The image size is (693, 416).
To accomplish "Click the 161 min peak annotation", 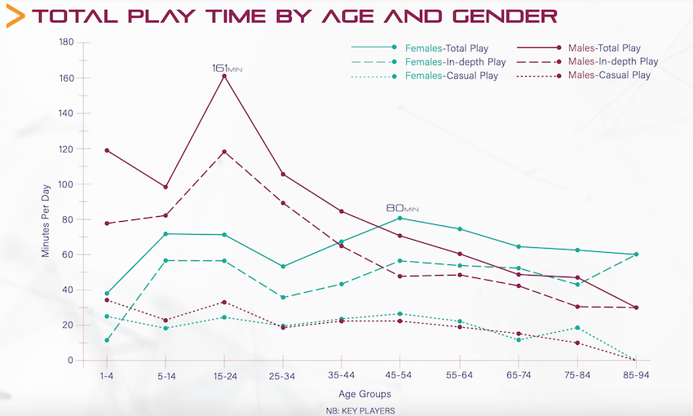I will tap(227, 69).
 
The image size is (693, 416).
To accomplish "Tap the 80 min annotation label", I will tap(401, 208).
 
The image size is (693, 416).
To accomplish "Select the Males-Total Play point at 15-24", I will tap(224, 76).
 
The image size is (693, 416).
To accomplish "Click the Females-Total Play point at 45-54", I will tap(400, 218).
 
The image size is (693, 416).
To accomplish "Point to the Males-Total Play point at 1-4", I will tap(107, 150).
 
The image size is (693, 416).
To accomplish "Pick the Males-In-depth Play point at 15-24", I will tap(224, 152).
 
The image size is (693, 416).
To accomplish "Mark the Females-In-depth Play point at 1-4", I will tap(107, 340).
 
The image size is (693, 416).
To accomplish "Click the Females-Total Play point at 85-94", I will tap(636, 254).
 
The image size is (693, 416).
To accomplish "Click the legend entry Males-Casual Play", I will tap(609, 75).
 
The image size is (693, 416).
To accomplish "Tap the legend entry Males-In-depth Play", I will tap(612, 61).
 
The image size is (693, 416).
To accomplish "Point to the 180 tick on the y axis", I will tap(66, 42).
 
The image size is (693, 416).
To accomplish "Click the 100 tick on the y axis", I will tap(66, 184).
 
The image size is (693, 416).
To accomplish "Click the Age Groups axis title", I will tap(371, 393).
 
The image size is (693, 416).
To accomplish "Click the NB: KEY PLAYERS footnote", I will tap(360, 410).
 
